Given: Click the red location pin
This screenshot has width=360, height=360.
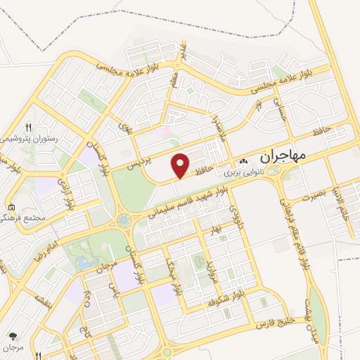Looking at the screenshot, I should click(181, 165).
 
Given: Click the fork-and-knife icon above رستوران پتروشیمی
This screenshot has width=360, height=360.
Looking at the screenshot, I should click(28, 127).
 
